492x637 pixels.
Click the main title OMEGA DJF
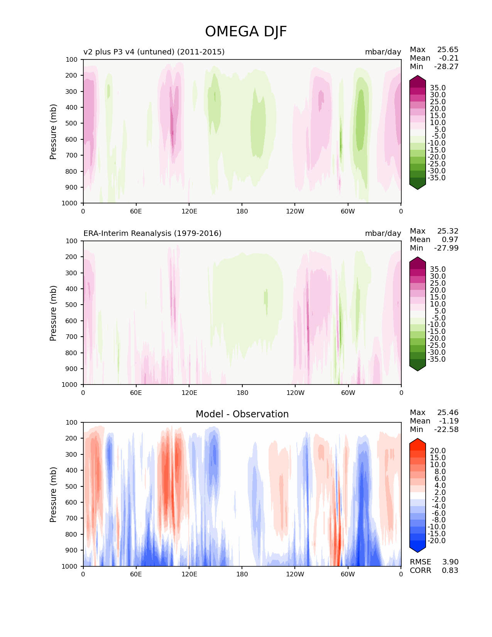[246, 32]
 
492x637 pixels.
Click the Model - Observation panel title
[242, 414]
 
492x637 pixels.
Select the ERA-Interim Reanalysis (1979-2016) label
[152, 233]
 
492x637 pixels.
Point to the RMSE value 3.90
[450, 562]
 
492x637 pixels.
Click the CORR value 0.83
[450, 570]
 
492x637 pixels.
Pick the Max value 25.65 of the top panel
[448, 49]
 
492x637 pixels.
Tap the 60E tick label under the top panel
[136, 211]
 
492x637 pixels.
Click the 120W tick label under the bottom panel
[295, 574]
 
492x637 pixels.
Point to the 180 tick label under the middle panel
[242, 393]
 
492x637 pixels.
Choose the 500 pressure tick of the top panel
[71, 123]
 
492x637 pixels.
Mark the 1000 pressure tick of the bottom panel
[69, 566]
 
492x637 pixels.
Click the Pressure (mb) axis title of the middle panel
[53, 313]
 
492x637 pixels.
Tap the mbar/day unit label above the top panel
[383, 52]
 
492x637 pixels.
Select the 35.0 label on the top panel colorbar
[438, 88]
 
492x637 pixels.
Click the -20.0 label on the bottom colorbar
[436, 540]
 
